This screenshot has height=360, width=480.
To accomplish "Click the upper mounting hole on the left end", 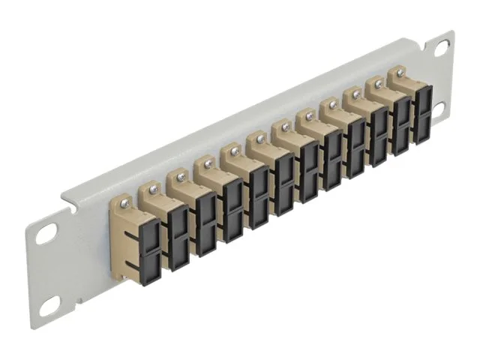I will (x=47, y=235).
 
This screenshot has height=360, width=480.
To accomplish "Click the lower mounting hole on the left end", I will (x=49, y=304).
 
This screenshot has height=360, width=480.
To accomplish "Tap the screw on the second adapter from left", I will (x=154, y=189).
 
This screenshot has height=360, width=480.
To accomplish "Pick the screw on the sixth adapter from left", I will (x=260, y=139).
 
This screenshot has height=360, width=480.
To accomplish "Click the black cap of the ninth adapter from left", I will (x=355, y=147).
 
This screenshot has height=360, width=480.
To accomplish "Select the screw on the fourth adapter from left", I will (x=208, y=163).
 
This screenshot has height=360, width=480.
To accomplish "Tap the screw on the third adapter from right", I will (x=354, y=95).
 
